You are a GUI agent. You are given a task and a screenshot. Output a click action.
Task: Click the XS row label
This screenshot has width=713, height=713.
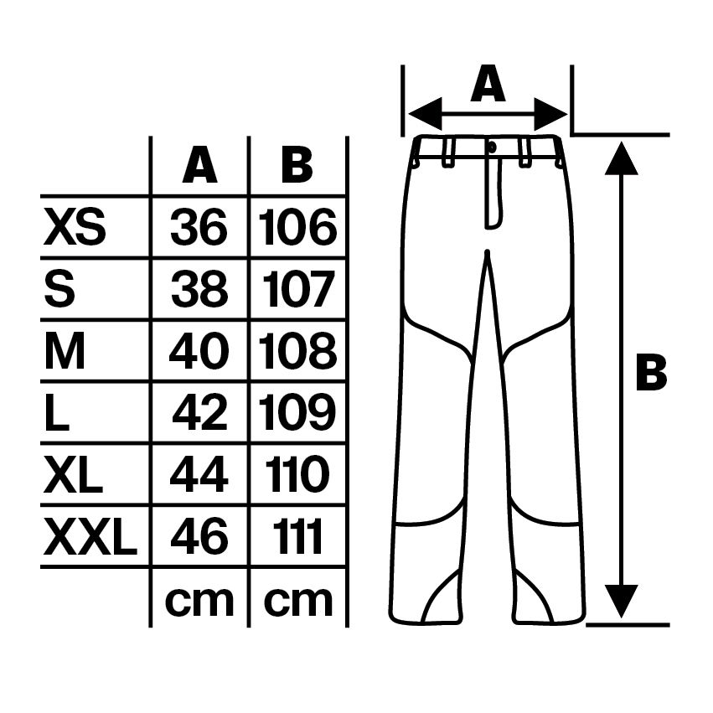click(75, 226)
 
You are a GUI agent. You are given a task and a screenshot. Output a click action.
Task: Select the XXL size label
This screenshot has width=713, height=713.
click(90, 537)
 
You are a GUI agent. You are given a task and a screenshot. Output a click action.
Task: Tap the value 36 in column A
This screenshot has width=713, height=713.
click(199, 226)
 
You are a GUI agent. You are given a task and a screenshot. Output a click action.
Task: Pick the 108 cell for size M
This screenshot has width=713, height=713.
click(297, 350)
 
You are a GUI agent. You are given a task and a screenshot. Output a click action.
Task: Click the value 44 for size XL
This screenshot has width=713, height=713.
click(199, 475)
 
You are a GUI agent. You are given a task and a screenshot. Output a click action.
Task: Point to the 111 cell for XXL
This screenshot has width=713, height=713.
click(297, 537)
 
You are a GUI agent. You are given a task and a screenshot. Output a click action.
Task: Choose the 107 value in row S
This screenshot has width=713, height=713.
click(297, 289)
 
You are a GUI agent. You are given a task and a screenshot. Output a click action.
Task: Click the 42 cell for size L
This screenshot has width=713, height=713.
click(199, 413)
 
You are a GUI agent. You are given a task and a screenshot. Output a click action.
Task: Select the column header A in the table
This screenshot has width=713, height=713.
click(199, 164)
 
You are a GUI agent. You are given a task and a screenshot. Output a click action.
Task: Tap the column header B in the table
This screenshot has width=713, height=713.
click(297, 164)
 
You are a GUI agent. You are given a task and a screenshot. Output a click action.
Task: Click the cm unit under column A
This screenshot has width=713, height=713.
click(199, 601)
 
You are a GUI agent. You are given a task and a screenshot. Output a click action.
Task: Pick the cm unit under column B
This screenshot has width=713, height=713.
click(297, 601)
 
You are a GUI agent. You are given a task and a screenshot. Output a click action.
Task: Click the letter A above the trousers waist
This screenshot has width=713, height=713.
click(488, 84)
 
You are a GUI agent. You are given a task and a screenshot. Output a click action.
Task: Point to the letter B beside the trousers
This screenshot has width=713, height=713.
click(651, 372)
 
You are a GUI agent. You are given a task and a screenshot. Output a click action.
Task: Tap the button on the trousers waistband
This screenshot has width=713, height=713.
click(492, 147)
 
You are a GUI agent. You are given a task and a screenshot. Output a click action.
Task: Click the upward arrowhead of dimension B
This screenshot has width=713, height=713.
click(621, 158)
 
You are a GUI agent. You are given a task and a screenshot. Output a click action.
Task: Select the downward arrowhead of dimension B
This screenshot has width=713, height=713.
click(621, 601)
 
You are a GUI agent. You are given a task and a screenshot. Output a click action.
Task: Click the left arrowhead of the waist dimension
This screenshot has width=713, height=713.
click(425, 114)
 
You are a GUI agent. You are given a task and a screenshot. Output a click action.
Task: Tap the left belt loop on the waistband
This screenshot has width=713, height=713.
click(449, 152)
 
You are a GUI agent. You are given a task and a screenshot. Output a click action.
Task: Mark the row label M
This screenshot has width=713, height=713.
click(65, 350)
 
